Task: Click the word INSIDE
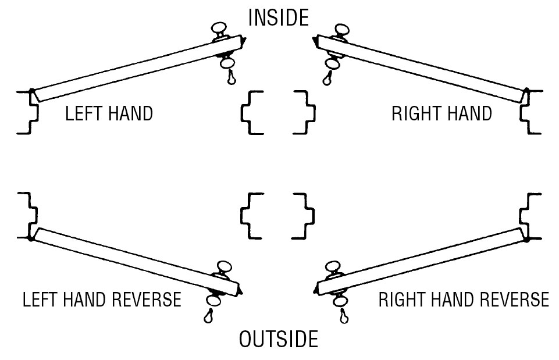278,17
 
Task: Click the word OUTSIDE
279,339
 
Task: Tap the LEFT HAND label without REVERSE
109,113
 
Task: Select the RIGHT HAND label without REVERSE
441,113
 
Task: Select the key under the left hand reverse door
209,316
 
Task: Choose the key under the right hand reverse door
344,316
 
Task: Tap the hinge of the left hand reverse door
31,237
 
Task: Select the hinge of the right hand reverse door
526,237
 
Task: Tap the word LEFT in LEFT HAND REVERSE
40,300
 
